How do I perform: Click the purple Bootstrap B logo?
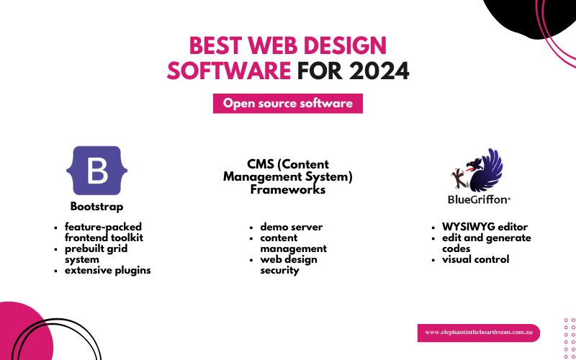(x=96, y=170)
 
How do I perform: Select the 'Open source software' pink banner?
(x=288, y=103)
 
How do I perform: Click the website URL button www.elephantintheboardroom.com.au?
(x=478, y=333)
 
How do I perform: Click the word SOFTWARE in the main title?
(x=230, y=71)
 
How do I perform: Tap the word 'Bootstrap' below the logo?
(x=96, y=207)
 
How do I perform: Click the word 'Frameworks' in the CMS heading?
(x=288, y=190)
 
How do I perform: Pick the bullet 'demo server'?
(x=292, y=227)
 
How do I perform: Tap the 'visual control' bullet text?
(x=475, y=259)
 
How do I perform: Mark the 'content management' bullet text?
(x=293, y=243)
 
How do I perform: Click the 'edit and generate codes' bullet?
(x=486, y=243)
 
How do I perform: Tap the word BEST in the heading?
(x=214, y=46)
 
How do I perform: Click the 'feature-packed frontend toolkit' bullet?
(x=103, y=232)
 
